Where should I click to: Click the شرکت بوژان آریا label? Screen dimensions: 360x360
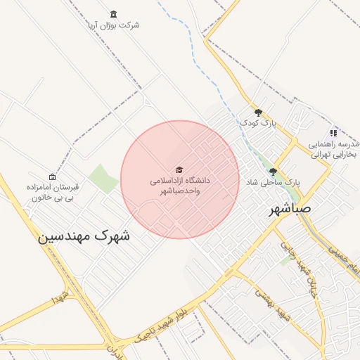pyautogui.click(x=120, y=25)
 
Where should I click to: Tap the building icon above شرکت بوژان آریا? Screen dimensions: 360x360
pyautogui.click(x=114, y=14)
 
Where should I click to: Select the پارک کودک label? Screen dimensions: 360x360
pyautogui.click(x=259, y=123)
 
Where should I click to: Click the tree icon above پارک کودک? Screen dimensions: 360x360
pyautogui.click(x=259, y=112)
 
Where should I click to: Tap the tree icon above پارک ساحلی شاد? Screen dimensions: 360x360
pyautogui.click(x=273, y=171)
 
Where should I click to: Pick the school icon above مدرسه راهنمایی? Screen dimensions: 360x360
pyautogui.click(x=333, y=132)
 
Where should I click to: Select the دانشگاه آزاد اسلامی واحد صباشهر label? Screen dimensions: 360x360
pyautogui.click(x=181, y=186)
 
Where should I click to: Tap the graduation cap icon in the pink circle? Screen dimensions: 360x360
pyautogui.click(x=179, y=170)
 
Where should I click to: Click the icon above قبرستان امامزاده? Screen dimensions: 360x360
pyautogui.click(x=52, y=176)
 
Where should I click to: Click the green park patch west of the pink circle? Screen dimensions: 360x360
pyautogui.click(x=103, y=179)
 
